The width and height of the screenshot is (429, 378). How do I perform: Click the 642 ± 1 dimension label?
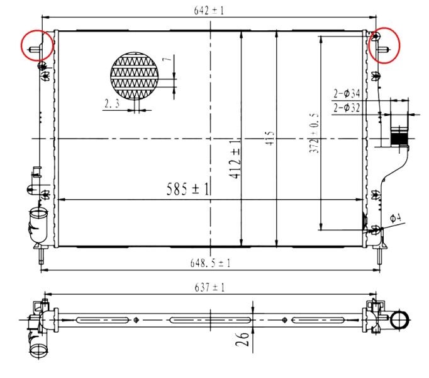[209, 11]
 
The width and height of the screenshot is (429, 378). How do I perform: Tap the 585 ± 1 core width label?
[188, 189]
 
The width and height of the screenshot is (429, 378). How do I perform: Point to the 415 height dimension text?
[270, 138]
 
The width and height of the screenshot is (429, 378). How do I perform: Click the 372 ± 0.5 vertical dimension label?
[315, 133]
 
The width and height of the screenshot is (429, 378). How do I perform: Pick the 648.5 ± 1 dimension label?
[210, 263]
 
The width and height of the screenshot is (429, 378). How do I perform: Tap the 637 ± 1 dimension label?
[210, 287]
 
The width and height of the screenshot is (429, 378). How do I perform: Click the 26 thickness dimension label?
[242, 339]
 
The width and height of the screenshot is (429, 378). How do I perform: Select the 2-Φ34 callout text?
[347, 94]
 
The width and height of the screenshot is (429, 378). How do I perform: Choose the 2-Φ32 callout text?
[347, 108]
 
